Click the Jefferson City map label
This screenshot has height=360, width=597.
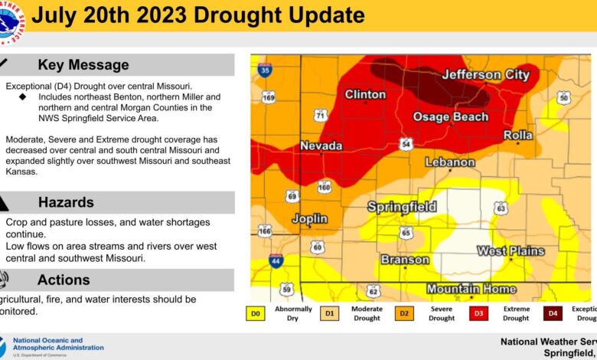pos(485,74)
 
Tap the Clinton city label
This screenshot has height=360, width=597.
pos(365,94)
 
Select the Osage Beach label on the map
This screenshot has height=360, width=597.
pos(450,116)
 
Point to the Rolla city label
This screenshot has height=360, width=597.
pos(517,135)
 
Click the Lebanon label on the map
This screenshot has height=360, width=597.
pos(449,162)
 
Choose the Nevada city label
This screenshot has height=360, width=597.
pos(321,146)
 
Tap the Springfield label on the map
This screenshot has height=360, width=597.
pos(402,207)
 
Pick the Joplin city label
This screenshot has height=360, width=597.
pos(310,218)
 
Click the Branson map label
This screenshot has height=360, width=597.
pos(405,260)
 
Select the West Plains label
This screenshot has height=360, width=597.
pos(511,250)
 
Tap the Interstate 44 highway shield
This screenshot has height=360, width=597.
pos(276,261)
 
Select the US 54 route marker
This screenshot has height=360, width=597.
pos(406,144)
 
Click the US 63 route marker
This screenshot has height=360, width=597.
pos(501,208)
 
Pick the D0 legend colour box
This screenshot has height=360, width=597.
pos(255,313)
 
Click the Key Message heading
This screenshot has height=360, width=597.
pos(83,65)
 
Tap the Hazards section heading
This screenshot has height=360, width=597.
pos(66,202)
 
